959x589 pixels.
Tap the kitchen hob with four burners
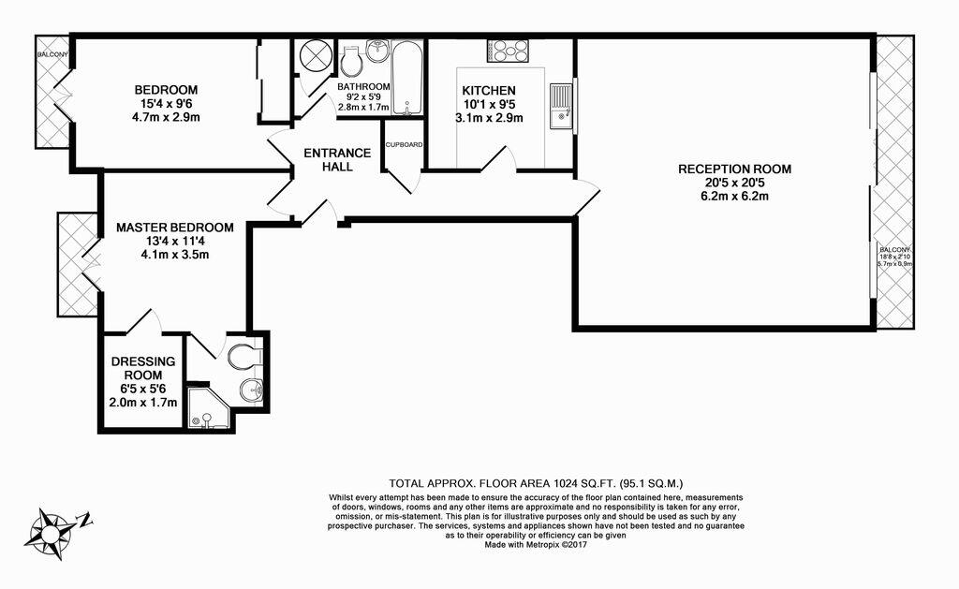[508, 51]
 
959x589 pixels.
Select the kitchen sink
[561, 107]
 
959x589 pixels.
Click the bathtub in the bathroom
[406, 78]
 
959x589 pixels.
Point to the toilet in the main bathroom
[350, 60]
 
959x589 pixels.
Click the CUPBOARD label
[404, 145]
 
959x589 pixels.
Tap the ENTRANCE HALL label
[337, 159]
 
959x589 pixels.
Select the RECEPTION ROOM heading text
[734, 169]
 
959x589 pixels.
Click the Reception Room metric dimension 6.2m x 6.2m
[734, 197]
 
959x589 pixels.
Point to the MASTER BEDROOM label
[175, 228]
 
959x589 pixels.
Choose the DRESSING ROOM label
[143, 368]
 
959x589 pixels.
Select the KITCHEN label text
[489, 91]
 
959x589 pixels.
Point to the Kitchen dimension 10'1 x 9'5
[489, 105]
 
